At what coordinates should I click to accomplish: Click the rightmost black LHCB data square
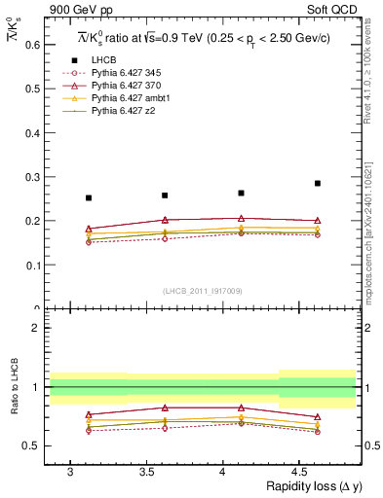318,183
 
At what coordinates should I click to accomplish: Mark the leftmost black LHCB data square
89,197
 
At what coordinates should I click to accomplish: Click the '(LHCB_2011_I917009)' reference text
204,291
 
